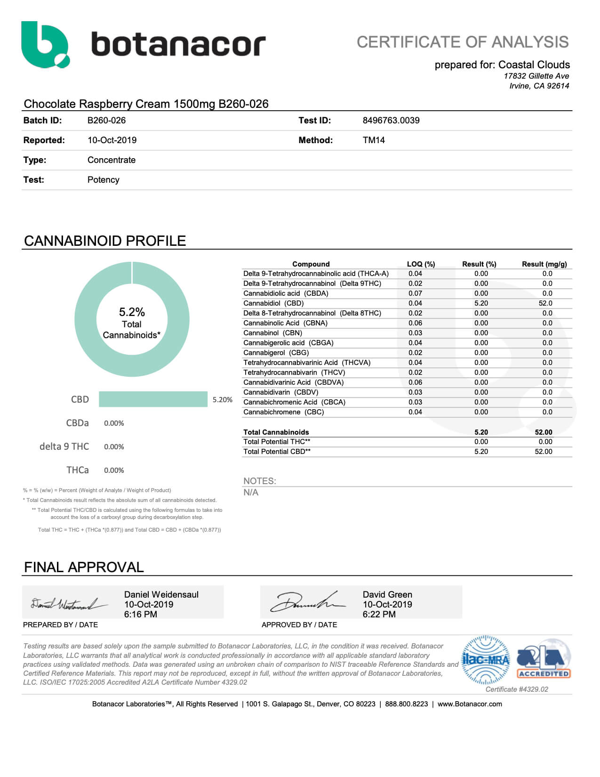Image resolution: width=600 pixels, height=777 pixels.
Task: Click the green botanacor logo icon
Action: click(x=45, y=45)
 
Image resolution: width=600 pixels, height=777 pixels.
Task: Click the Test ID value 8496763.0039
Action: click(x=391, y=121)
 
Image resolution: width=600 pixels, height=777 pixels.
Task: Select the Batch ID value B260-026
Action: click(x=106, y=121)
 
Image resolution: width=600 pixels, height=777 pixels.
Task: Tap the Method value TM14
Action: click(x=374, y=140)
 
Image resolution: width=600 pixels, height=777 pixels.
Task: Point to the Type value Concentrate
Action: click(x=111, y=160)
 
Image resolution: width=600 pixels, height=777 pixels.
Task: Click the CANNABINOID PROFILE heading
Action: click(x=105, y=241)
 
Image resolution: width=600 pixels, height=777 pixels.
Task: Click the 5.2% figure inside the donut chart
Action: click(x=132, y=312)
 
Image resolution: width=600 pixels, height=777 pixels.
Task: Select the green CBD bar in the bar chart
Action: click(x=153, y=399)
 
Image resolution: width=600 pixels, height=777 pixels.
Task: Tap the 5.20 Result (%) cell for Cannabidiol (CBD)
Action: click(x=481, y=303)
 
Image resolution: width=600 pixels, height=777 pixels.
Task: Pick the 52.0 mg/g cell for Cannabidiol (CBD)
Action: click(x=545, y=303)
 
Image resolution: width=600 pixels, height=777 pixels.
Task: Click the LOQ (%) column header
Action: click(x=421, y=264)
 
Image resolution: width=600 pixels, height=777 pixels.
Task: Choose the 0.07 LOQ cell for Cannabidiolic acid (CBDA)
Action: click(x=415, y=293)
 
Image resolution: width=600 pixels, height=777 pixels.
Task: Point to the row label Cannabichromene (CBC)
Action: click(x=283, y=412)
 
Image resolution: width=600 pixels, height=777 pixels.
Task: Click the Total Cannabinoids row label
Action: click(x=276, y=432)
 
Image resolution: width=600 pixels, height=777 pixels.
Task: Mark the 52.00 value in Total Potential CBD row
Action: click(x=543, y=452)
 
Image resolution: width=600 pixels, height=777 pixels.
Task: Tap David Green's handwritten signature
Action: click(x=306, y=602)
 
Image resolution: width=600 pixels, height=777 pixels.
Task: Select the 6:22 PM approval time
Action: click(x=379, y=615)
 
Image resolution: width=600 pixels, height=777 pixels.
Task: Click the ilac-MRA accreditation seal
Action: click(x=486, y=660)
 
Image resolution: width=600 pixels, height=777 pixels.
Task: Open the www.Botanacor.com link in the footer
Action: click(x=469, y=704)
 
